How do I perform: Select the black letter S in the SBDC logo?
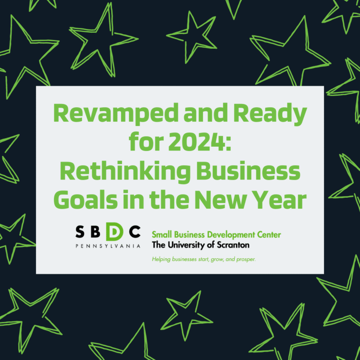pyautogui.click(x=80, y=232)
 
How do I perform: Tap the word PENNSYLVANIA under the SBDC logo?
pyautogui.click(x=107, y=246)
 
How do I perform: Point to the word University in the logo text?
pyautogui.click(x=183, y=245)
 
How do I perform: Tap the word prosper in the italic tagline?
pyautogui.click(x=244, y=259)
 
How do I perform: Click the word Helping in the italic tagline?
pyautogui.click(x=161, y=259)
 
